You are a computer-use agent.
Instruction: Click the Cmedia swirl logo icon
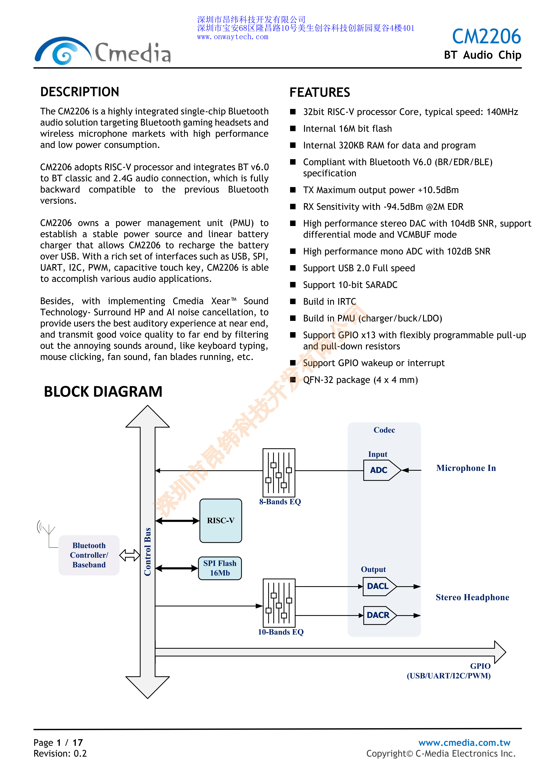click(63, 51)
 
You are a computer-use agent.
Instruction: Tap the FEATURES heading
click(320, 92)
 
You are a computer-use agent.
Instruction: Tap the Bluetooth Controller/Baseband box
click(89, 555)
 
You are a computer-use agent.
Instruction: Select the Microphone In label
click(466, 468)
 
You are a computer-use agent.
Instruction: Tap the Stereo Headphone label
click(472, 597)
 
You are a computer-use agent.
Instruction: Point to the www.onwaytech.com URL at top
click(233, 37)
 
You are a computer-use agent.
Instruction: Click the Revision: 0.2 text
click(60, 753)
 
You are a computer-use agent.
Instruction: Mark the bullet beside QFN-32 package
click(293, 380)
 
